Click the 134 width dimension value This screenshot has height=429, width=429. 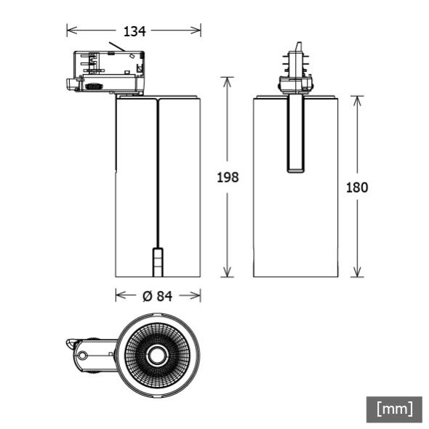(135, 31)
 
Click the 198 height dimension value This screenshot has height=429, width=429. (228, 177)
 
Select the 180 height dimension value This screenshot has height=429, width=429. (357, 187)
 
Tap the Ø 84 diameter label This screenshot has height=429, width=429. (158, 296)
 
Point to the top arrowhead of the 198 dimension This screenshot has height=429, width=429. (228, 81)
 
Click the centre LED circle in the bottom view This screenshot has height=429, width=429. (157, 356)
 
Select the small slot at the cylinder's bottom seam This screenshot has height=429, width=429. (158, 262)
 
